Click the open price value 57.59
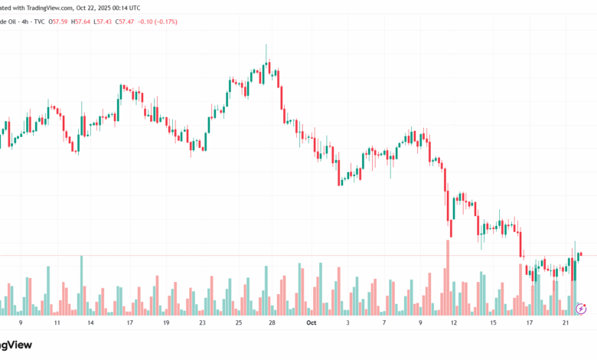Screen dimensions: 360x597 60,21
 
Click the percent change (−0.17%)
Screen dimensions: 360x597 165,21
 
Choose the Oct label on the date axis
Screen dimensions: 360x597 311,323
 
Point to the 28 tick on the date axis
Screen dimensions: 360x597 272,323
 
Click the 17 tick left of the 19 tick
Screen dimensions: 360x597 129,323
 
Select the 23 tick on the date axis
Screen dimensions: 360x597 202,323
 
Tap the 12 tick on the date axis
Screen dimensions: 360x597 454,323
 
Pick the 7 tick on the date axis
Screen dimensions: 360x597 383,323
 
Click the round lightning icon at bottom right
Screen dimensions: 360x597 580,308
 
